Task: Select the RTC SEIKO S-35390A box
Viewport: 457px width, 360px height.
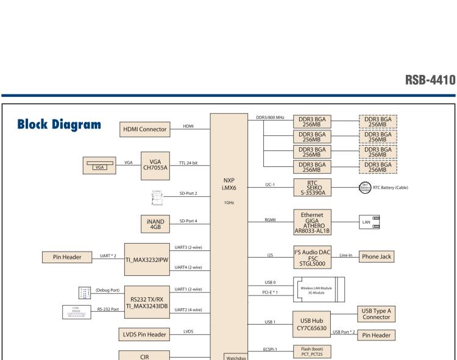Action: pos(317,187)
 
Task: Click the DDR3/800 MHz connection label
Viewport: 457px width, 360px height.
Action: pos(271,117)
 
